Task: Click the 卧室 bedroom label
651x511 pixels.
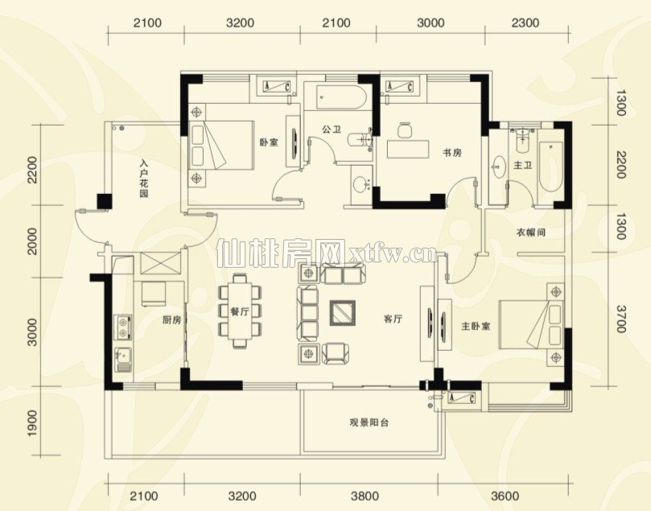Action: (x=269, y=142)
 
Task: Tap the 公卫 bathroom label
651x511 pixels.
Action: (x=331, y=129)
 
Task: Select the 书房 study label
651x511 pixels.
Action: (x=451, y=153)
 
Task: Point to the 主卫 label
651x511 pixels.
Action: (x=522, y=166)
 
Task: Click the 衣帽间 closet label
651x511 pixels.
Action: (x=530, y=233)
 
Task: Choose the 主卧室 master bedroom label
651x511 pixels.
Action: (x=476, y=326)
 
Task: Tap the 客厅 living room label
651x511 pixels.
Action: (x=393, y=319)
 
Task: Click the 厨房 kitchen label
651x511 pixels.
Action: (x=171, y=320)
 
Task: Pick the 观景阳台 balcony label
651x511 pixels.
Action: (x=369, y=423)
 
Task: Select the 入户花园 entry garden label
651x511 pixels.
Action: (x=144, y=179)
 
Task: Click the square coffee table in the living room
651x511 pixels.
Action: (x=343, y=312)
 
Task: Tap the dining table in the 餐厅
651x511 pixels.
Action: (x=241, y=311)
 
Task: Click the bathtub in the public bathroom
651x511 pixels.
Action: (x=341, y=97)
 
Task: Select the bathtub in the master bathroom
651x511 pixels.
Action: (x=550, y=167)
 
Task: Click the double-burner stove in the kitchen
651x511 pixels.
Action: (x=123, y=328)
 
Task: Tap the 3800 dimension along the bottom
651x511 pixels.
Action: (x=365, y=496)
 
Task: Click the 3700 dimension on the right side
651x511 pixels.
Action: (x=620, y=319)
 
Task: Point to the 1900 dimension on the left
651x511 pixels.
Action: (x=32, y=423)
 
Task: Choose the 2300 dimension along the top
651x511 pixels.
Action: (x=525, y=23)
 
